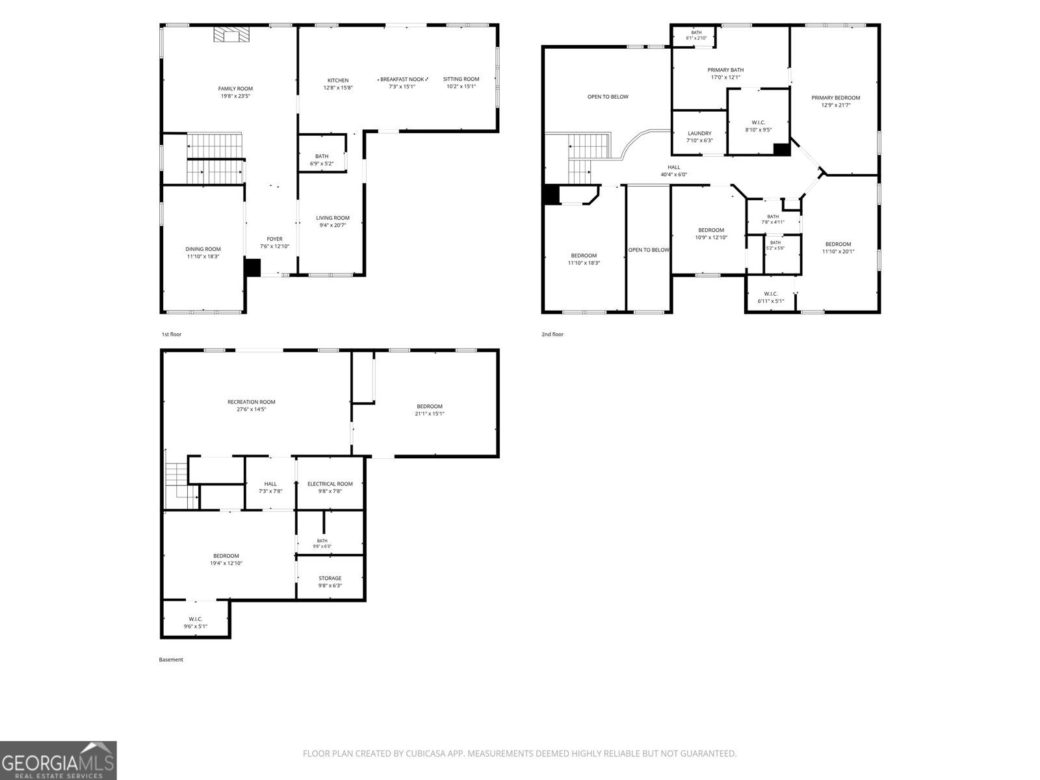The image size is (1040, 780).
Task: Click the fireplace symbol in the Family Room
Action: (x=231, y=34)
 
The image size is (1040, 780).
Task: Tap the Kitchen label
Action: (x=338, y=81)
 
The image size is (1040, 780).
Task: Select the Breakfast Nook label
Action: (x=402, y=79)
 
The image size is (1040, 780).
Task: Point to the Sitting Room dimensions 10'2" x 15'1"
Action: (x=461, y=86)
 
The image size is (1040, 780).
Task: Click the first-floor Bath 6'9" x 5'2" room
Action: (x=322, y=153)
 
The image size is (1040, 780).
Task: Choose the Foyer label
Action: (x=274, y=239)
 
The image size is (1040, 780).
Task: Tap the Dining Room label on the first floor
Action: (x=203, y=249)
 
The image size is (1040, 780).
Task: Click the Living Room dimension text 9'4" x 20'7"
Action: (x=333, y=226)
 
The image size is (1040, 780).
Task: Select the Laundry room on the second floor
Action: (x=699, y=133)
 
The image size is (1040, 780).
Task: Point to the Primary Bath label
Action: (x=725, y=70)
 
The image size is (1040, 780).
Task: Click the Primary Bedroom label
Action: (x=835, y=98)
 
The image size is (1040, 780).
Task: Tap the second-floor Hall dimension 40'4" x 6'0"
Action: (x=674, y=175)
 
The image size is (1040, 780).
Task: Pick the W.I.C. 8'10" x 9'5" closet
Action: (x=758, y=122)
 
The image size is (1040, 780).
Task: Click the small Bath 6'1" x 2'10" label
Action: (x=696, y=32)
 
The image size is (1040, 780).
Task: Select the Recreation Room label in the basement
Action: (x=251, y=402)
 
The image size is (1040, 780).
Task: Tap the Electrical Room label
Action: (x=330, y=484)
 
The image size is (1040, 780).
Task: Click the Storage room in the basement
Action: (x=330, y=577)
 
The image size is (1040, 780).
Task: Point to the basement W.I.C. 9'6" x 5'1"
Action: (x=195, y=619)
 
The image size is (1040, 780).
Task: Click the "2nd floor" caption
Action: (x=552, y=334)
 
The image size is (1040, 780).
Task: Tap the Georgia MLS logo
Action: (x=58, y=760)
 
